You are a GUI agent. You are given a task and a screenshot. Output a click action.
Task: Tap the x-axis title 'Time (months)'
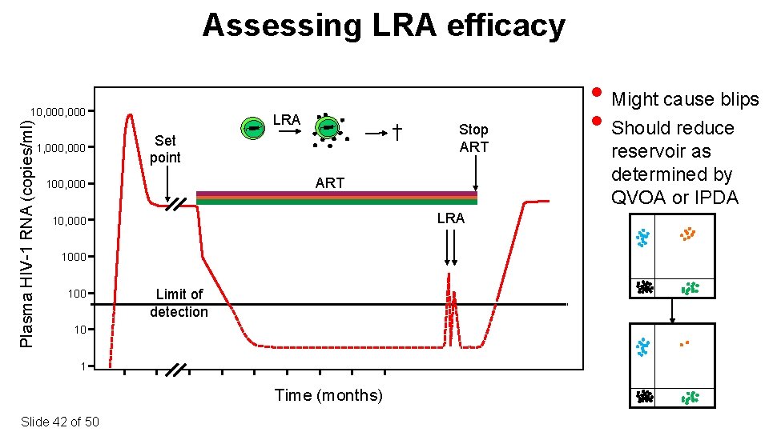pos(328,395)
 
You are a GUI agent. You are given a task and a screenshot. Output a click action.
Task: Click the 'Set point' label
pos(166,149)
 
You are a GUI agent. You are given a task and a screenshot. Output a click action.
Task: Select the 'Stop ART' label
pos(473,138)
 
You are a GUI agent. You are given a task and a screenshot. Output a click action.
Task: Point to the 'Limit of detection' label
pos(179,303)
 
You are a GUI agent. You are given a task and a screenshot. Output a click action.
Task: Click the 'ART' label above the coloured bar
pos(329,183)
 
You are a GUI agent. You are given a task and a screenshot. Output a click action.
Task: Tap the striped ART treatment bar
pos(336,198)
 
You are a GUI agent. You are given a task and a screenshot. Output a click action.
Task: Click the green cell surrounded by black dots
pos(328,128)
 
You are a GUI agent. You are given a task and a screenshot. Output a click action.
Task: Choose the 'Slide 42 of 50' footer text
pos(60,422)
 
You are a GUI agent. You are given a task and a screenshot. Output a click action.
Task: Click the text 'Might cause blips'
pos(685,99)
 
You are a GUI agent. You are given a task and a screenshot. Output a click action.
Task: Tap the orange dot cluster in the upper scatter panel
pos(687,234)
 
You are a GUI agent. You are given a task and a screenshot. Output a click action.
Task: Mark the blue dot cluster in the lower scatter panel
pos(642,346)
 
